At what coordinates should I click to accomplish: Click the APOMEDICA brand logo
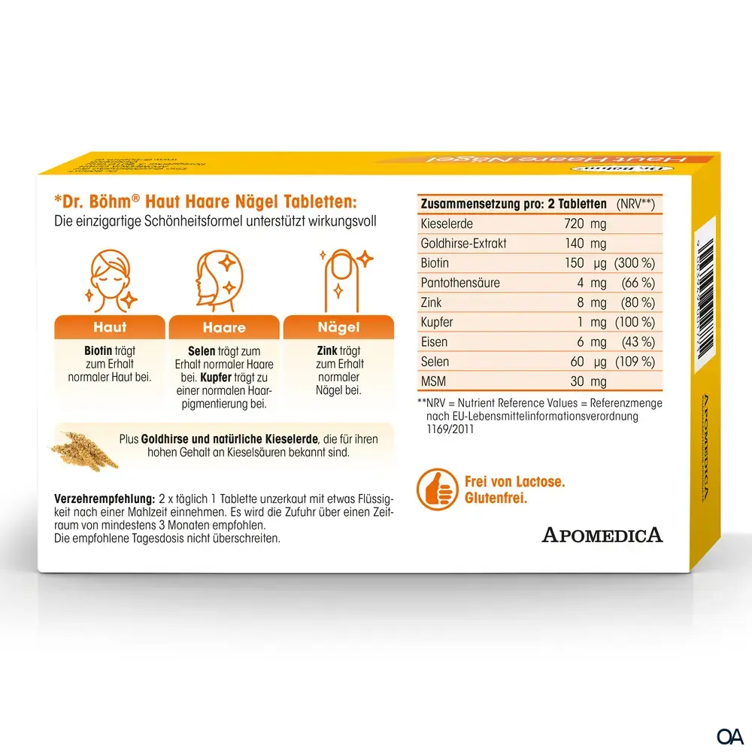[x=602, y=535]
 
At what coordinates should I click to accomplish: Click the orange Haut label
[x=110, y=327]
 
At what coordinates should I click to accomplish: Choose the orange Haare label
[x=224, y=327]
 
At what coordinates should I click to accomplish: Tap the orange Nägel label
[x=338, y=327]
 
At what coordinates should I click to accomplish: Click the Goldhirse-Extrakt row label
[x=464, y=243]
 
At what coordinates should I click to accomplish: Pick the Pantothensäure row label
[x=460, y=283]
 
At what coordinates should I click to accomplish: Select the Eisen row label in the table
[x=435, y=341]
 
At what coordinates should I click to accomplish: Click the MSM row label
[x=434, y=381]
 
